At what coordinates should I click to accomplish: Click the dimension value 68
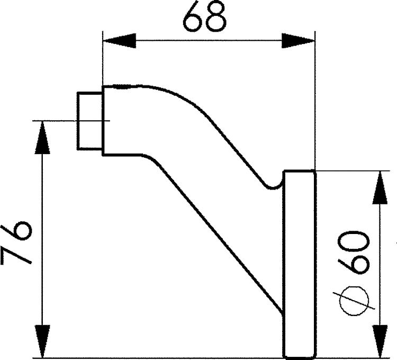tap(204, 16)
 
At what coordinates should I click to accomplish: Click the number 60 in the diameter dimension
tap(354, 252)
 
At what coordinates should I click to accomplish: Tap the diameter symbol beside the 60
tap(354, 301)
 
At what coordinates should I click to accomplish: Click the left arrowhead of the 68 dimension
tap(119, 41)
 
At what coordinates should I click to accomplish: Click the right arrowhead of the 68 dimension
tap(298, 41)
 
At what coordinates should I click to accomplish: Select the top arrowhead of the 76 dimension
tap(42, 138)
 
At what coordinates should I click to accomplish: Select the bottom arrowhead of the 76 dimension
tap(42, 342)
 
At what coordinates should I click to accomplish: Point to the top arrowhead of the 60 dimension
tap(380, 187)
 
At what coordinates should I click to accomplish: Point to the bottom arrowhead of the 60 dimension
tap(380, 342)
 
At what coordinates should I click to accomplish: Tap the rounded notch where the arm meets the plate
tap(273, 188)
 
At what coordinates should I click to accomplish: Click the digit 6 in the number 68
tap(193, 16)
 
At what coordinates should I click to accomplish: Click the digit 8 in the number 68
tap(215, 16)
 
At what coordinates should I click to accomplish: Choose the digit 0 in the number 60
tap(354, 240)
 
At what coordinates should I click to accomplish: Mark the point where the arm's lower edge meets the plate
tap(283, 313)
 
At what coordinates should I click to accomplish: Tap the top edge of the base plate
tap(300, 172)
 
